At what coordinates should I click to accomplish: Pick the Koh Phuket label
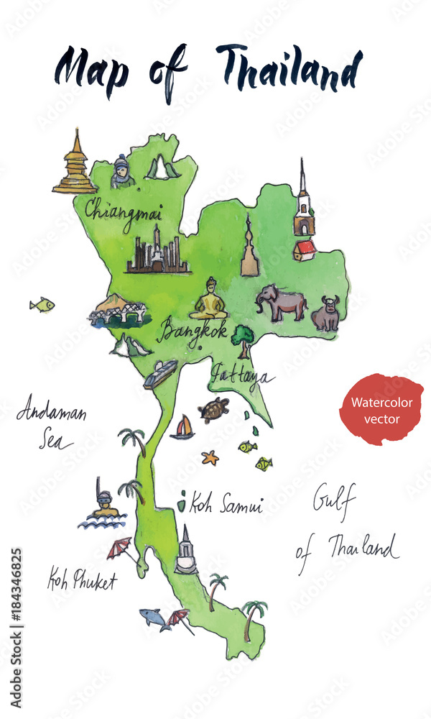[81, 580]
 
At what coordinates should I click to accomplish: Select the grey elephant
[281, 302]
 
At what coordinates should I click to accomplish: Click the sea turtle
[213, 410]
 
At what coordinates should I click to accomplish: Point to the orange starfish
[210, 457]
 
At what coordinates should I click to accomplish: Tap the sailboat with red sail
[182, 428]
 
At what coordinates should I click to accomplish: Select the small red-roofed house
[305, 250]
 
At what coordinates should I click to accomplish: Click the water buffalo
[326, 313]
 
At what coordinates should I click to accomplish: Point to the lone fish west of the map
[42, 305]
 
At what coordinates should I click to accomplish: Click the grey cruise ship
[160, 374]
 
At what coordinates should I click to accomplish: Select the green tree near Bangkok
[243, 339]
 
